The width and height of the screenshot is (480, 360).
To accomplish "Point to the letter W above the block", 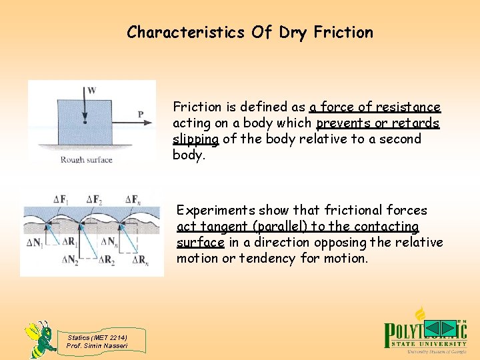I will tap(91, 89).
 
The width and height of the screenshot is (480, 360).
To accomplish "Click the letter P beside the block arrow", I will tap(141, 115).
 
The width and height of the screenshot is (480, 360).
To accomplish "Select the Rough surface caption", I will tap(86, 160).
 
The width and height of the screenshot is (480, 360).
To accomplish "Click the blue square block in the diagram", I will tap(86, 121).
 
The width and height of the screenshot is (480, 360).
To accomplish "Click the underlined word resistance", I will tap(408, 107).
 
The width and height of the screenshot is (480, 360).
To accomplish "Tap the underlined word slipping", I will tap(195, 139).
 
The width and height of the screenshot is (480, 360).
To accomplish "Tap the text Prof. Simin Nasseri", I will tap(97, 344).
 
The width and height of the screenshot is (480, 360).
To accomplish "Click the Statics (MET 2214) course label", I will tap(97, 337).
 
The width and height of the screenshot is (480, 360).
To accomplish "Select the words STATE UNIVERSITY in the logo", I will tap(426, 343).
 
